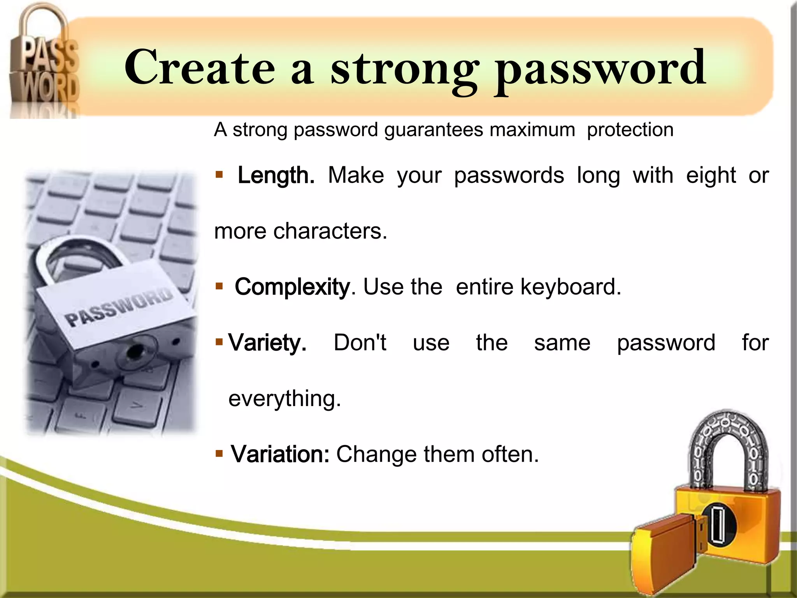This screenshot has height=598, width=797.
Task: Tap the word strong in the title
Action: (405, 70)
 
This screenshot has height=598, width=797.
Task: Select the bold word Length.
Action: (276, 176)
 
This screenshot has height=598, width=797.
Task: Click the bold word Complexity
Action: (292, 287)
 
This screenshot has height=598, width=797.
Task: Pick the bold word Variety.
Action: (267, 343)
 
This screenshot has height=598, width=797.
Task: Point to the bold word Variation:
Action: (280, 454)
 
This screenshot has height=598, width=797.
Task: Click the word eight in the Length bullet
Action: (711, 176)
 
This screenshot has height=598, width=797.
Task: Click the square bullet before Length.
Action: (219, 175)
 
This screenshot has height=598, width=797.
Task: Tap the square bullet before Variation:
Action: (219, 454)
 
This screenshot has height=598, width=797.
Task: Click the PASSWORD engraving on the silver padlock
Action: (118, 308)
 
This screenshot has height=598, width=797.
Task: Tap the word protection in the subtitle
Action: (630, 130)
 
